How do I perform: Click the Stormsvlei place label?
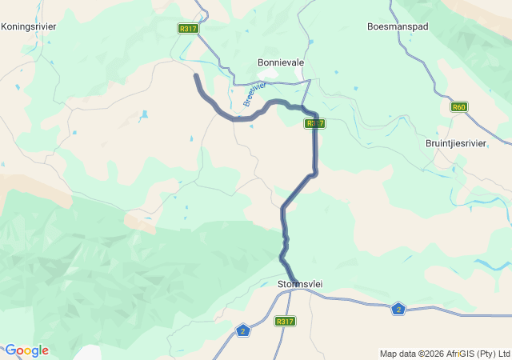[299, 284]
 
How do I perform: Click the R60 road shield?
[458, 106]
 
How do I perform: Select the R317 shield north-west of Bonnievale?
[188, 28]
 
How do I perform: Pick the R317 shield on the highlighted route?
[314, 123]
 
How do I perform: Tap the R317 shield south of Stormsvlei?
[285, 321]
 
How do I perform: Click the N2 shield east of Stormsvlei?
[398, 309]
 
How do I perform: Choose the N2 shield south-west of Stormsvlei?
[244, 330]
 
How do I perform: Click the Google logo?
[26, 350]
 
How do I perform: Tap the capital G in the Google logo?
[10, 350]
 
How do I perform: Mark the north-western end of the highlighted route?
[196, 75]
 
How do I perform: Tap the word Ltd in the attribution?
[503, 354]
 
